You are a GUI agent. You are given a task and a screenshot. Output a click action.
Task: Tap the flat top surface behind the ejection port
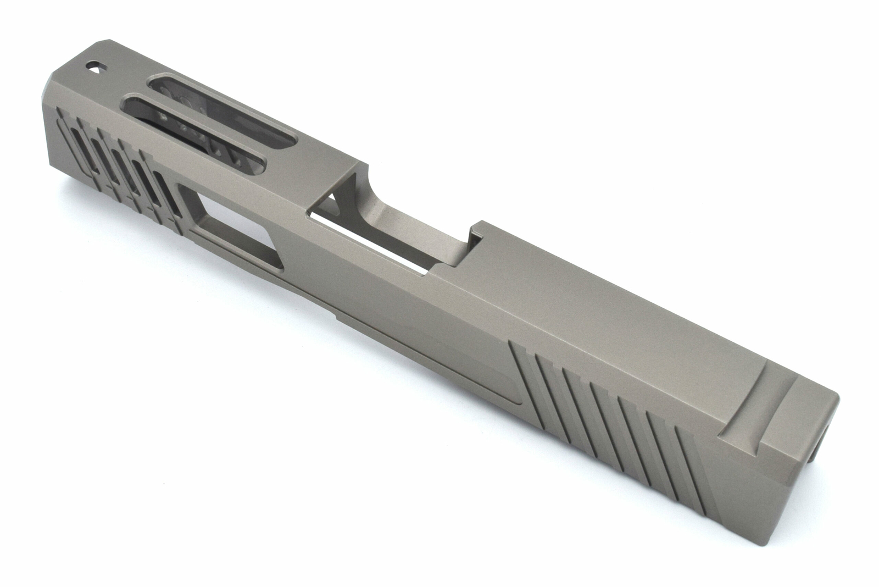604,308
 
